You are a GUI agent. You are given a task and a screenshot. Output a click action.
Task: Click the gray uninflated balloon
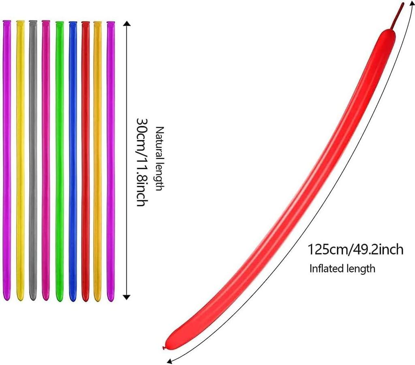(33, 162)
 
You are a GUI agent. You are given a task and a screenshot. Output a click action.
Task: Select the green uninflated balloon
(60, 162)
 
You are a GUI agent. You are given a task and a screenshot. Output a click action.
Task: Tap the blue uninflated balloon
(73, 162)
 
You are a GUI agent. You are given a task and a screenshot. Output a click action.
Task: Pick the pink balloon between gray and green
(46, 162)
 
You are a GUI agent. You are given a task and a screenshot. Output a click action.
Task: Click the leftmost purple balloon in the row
(6, 162)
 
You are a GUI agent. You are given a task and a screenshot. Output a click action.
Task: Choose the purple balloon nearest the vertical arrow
(111, 162)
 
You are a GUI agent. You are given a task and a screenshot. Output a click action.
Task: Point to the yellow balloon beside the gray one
(20, 162)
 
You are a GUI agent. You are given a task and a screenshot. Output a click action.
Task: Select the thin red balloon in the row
(85, 162)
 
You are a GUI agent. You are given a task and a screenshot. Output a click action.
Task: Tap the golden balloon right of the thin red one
(98, 162)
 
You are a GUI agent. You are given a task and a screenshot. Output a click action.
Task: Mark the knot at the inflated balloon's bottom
(164, 347)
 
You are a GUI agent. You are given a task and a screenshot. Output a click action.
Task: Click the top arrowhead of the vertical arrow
(127, 24)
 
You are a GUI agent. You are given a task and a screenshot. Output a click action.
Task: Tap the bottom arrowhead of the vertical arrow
(127, 297)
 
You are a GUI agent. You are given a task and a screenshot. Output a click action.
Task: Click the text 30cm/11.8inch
(141, 162)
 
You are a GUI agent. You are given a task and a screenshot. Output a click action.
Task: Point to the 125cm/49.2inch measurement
(355, 249)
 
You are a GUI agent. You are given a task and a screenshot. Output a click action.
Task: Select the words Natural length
(159, 159)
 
